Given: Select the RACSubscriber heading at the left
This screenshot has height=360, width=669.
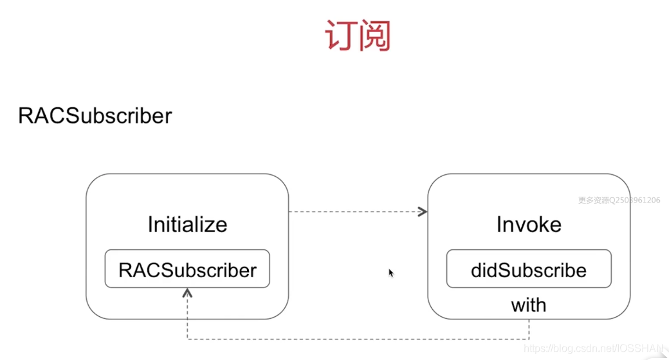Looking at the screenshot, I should coord(95,116).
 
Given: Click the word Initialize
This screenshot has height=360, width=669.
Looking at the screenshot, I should coord(187,224).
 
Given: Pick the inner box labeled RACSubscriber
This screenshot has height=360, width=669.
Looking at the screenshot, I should coord(187,269).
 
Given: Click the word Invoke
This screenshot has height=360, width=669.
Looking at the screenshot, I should coord(529,224).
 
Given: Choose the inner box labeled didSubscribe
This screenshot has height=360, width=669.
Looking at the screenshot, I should coord(529,269).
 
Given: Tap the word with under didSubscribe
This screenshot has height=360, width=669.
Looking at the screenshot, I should coord(529,305).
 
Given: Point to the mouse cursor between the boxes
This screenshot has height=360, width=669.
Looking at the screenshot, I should coord(390,273).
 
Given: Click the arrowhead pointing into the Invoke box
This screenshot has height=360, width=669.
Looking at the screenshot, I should coord(423,212).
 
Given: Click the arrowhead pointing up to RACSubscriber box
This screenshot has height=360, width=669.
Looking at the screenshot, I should coord(187,292).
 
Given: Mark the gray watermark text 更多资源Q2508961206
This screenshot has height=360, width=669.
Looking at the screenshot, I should coord(619,201).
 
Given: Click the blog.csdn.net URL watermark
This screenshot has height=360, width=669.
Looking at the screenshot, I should coord(593,348).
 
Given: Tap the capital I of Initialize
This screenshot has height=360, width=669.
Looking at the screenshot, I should coord(150,224).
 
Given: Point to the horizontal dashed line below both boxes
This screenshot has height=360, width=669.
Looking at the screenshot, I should coord(358,339).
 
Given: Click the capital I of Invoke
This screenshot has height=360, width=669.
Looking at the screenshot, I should coord(499,224).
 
